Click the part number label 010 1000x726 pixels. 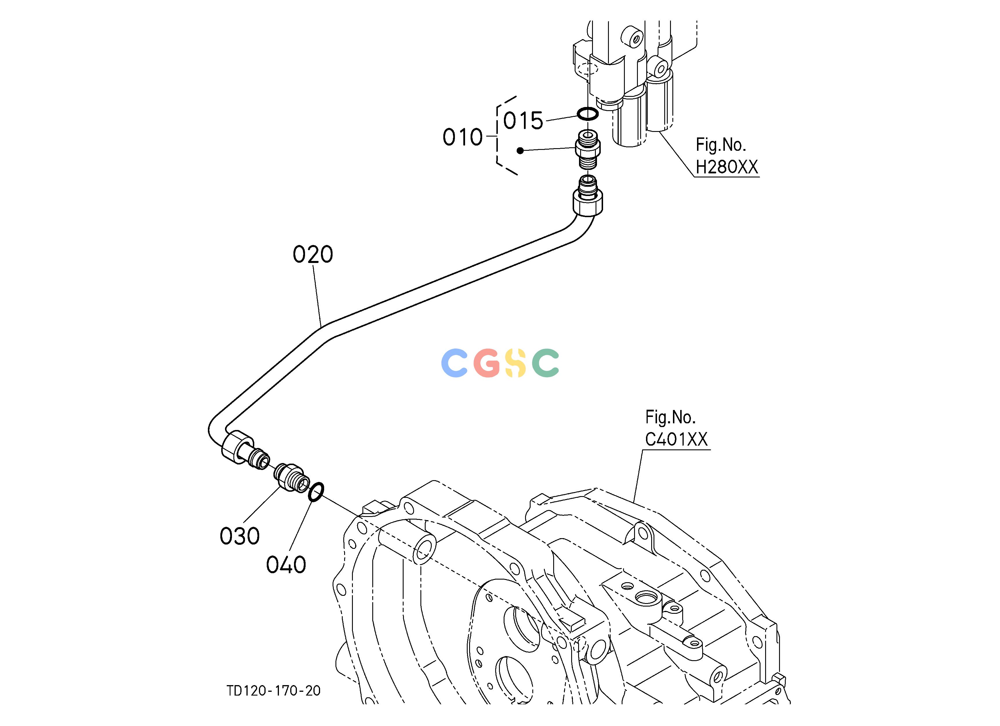click(x=462, y=137)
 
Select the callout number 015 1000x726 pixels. click(x=523, y=121)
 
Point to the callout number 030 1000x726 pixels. click(x=239, y=536)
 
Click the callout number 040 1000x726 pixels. click(x=286, y=565)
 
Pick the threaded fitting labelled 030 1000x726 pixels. click(x=291, y=478)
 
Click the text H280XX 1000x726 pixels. click(x=727, y=167)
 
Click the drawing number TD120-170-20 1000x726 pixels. click(x=273, y=691)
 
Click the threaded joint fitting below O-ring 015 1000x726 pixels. click(x=588, y=149)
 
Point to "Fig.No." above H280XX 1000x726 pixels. click(x=720, y=145)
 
